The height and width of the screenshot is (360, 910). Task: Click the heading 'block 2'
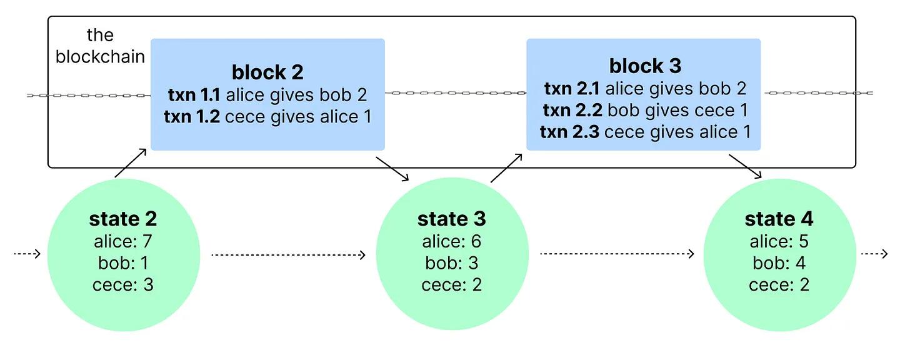[x=267, y=72]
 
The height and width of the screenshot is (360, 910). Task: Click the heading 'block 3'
[x=644, y=66]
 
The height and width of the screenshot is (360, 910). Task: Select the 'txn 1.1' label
[x=192, y=95]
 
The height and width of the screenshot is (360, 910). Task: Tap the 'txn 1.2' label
[x=192, y=116]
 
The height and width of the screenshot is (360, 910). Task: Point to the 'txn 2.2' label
[x=572, y=111]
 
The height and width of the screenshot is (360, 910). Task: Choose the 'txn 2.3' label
[x=569, y=132]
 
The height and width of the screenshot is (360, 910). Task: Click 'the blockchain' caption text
[x=100, y=47]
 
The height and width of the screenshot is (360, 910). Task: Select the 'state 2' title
[x=123, y=219]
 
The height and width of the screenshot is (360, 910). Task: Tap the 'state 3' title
[x=451, y=219]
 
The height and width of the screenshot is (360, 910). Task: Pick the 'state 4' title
[x=779, y=219]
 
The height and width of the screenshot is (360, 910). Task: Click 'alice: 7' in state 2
[x=123, y=241]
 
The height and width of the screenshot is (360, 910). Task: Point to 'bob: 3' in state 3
[x=451, y=263]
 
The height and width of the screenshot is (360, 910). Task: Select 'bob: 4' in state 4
[x=779, y=263]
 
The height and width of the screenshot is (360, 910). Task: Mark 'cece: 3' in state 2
[x=123, y=285]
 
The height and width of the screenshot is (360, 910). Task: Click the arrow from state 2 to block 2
[x=131, y=163]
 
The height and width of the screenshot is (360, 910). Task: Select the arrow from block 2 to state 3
[x=392, y=167]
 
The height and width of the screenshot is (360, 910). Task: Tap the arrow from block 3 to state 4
[x=745, y=167]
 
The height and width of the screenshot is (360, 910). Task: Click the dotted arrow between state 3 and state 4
[x=616, y=254]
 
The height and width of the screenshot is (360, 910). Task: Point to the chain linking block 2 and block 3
[x=455, y=92]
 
